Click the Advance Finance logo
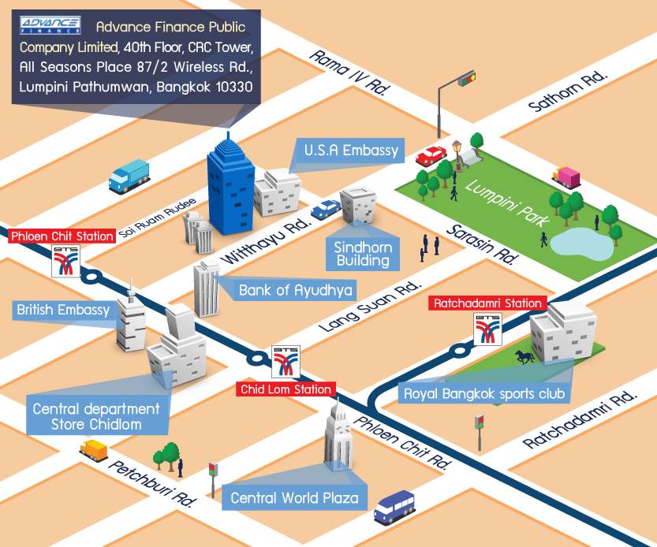click(49, 26)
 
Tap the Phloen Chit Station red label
click(62, 236)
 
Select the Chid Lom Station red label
click(286, 389)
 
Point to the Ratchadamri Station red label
click(487, 303)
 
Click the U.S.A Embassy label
click(351, 151)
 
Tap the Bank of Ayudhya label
click(286, 290)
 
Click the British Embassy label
click(63, 310)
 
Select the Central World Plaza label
click(294, 497)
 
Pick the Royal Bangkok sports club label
click(484, 392)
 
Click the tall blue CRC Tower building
click(231, 187)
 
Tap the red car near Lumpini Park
click(431, 154)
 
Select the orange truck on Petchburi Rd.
click(93, 448)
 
